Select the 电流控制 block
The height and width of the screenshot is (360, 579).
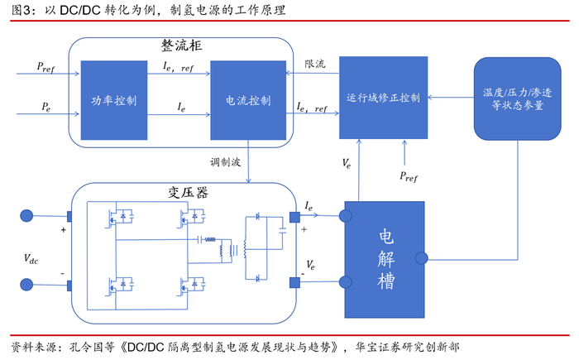247,100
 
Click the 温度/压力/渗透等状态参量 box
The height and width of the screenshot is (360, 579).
512,98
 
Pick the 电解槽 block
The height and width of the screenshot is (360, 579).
385,259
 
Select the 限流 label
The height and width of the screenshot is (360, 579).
314,63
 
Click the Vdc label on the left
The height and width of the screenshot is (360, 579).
31,259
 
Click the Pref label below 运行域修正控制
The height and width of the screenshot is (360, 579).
409,175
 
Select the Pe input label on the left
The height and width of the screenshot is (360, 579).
46,107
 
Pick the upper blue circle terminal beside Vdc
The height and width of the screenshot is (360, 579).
26,217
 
